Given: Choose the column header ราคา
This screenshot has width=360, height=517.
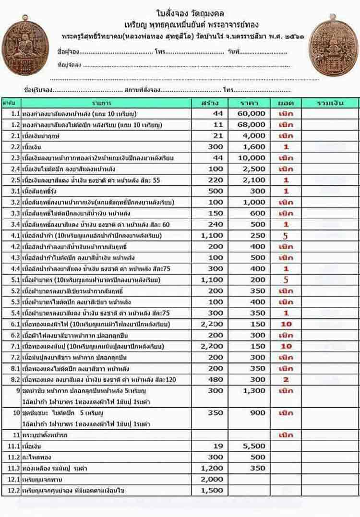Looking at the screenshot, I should (x=251, y=103).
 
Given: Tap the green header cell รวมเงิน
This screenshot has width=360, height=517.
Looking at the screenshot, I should (x=330, y=103).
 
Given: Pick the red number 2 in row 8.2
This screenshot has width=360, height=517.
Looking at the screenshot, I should (x=286, y=379).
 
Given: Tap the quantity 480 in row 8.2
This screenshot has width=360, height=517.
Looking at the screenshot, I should (x=215, y=379).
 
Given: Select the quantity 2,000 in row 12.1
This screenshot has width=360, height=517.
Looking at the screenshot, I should (x=212, y=479).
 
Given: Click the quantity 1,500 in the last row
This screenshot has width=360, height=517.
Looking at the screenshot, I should (x=212, y=490).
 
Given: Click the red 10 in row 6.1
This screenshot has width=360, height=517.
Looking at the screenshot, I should (x=286, y=324).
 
